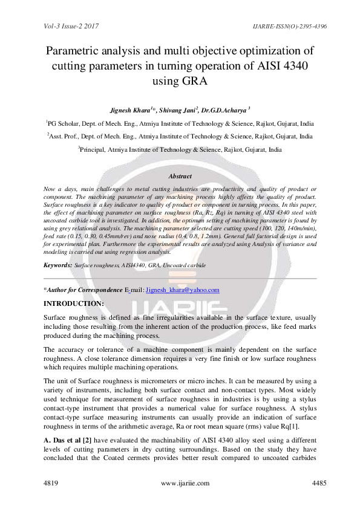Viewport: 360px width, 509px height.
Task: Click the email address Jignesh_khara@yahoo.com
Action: tap(182, 290)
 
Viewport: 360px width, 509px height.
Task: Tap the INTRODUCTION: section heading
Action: tap(74, 303)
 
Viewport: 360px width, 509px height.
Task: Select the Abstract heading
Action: tap(180, 176)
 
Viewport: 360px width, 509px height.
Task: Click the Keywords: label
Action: tap(57, 265)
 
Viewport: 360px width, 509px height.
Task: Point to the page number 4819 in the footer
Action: tap(53, 483)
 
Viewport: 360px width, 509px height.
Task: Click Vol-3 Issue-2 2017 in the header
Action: tap(71, 26)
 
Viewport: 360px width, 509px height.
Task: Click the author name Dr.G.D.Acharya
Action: tap(225, 111)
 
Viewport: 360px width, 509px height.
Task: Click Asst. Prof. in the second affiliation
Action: tap(64, 136)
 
